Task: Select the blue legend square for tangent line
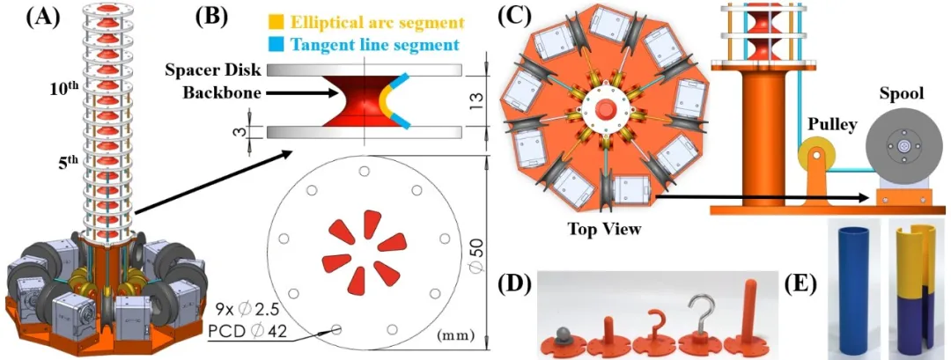click(x=276, y=44)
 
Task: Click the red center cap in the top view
click(x=605, y=110)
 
